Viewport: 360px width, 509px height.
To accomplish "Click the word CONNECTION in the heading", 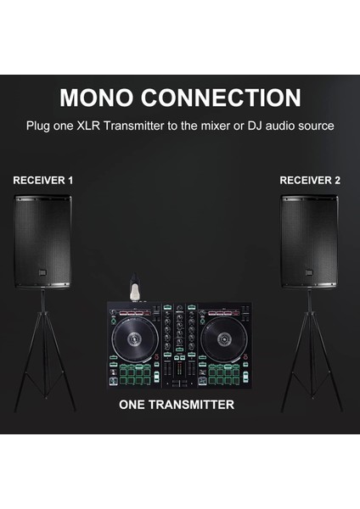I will pos(225,98).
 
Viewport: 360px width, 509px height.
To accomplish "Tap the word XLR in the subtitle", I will pos(92,126).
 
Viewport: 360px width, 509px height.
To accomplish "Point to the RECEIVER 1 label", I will pos(43,181).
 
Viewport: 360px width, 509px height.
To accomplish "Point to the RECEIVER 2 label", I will pos(310,181).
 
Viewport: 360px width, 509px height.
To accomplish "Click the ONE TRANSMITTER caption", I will pos(177,405).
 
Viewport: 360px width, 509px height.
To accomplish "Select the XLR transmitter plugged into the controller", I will pos(132,288).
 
